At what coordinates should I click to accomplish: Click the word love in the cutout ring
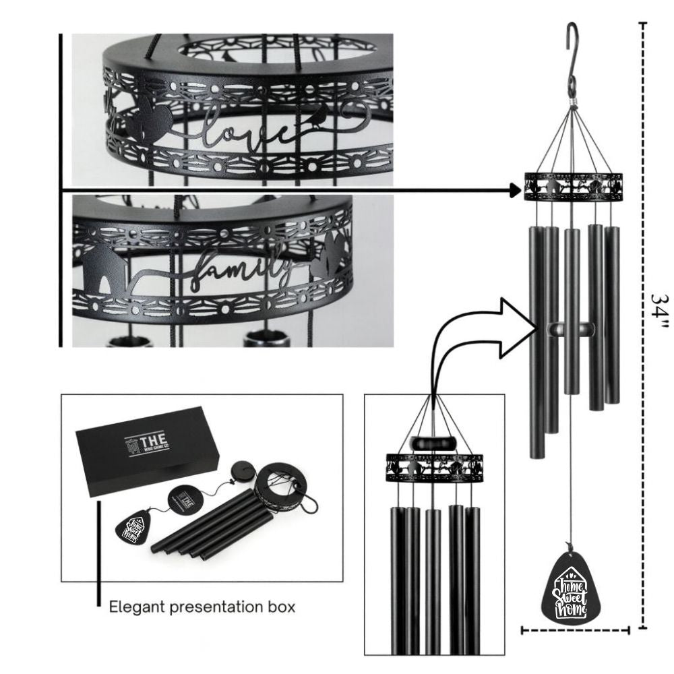[x=248, y=129]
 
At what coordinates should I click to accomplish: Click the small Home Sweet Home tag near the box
[x=132, y=527]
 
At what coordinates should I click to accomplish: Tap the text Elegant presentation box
[x=202, y=607]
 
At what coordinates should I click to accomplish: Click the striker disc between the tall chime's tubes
[x=572, y=328]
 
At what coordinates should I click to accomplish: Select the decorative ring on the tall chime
[x=573, y=186]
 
